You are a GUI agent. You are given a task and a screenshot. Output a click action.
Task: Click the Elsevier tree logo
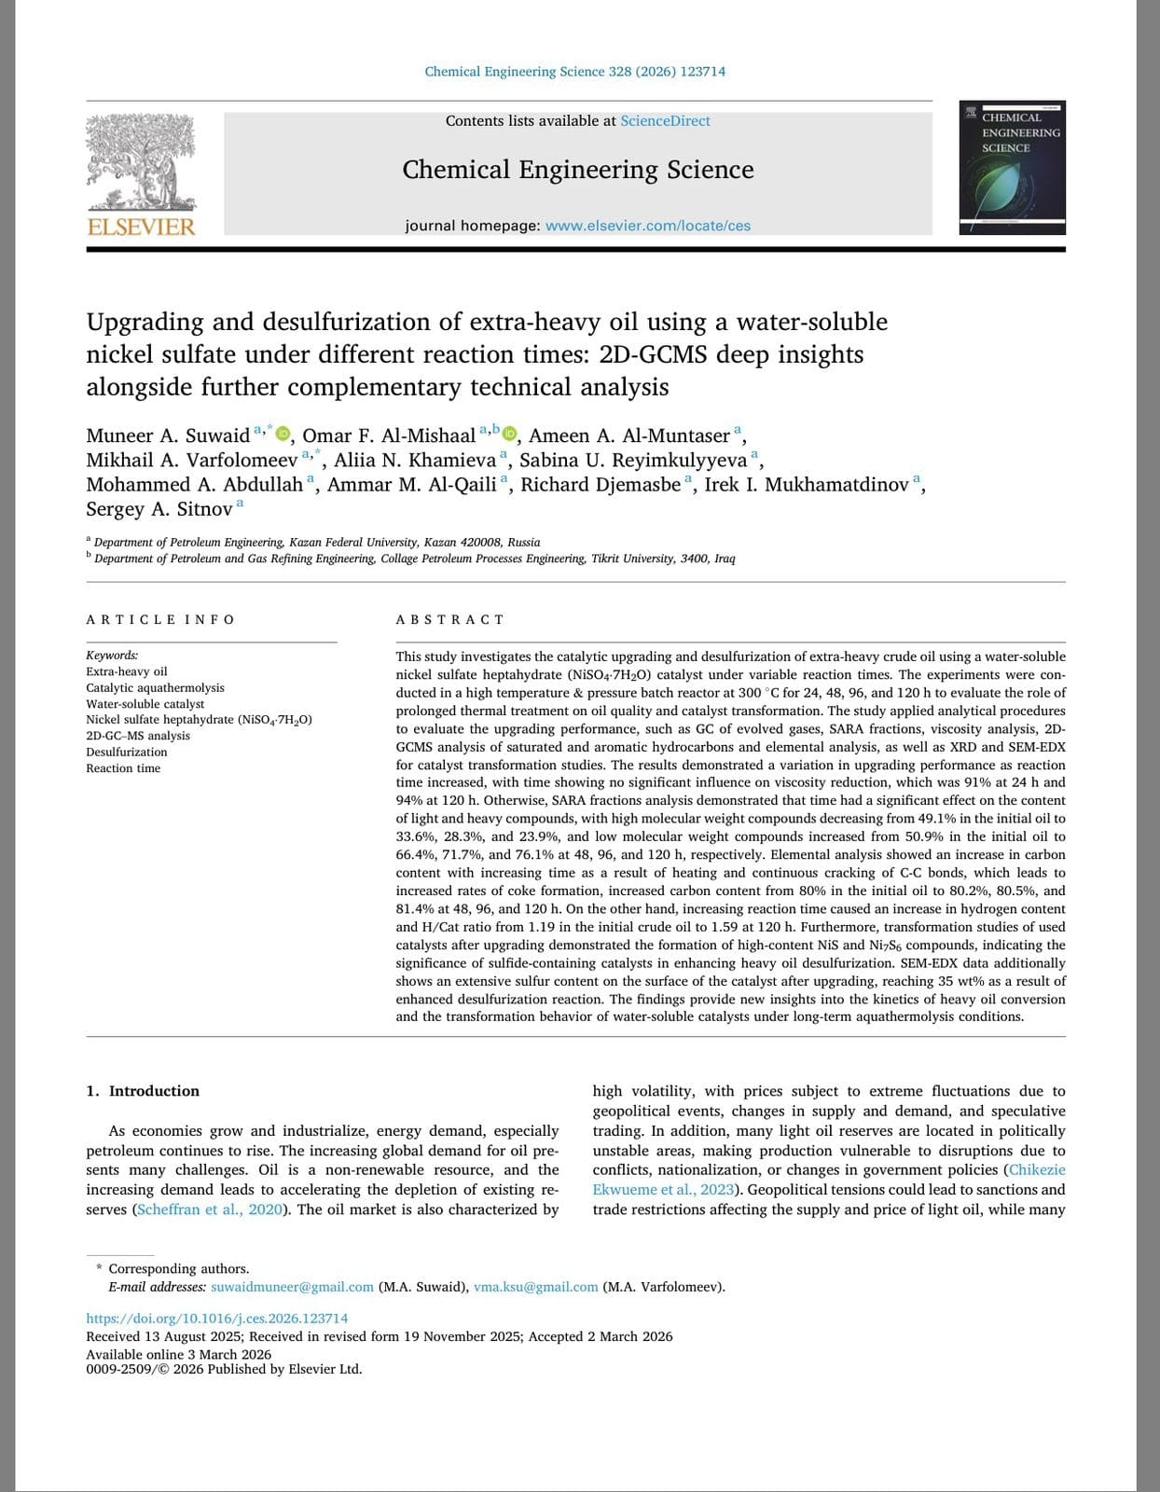point(141,162)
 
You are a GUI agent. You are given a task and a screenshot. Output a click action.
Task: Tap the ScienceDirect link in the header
point(665,121)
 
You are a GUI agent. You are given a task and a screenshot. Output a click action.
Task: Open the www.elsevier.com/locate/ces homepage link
point(647,226)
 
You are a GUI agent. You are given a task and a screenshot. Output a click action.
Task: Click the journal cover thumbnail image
point(1012,167)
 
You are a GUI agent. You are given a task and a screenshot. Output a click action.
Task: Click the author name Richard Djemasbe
point(601,485)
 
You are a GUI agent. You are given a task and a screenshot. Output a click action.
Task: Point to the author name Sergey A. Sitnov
point(159,509)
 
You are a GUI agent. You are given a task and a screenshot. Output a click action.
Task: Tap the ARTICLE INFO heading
point(160,620)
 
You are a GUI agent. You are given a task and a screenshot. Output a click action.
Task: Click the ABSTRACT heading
point(449,620)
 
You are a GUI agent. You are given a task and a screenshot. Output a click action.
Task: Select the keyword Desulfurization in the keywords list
point(127,752)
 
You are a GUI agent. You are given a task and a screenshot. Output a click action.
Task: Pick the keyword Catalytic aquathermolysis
point(155,687)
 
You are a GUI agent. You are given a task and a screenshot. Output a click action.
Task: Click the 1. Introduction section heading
point(143,1091)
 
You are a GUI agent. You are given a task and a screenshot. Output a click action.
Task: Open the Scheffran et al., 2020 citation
point(210,1209)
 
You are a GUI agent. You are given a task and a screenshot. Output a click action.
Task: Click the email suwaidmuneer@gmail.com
point(292,1287)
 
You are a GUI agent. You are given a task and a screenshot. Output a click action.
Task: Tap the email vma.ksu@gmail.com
point(535,1287)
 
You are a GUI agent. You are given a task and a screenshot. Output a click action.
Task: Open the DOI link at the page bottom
point(217,1319)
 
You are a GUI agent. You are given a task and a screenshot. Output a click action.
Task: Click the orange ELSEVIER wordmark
point(141,228)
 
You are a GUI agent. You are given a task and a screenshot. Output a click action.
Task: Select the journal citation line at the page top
point(574,72)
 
